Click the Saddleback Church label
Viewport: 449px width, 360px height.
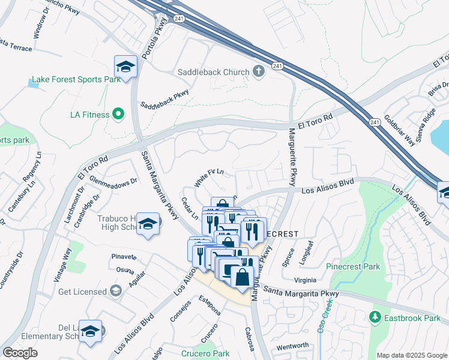coord(212,72)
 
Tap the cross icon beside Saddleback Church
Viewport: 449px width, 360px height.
coord(259,72)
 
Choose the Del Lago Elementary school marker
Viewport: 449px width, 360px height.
coord(90,331)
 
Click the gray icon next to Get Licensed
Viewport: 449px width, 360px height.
coord(115,292)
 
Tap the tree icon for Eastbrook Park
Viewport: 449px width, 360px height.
coord(375,316)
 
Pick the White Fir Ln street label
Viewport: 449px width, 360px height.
coord(209,176)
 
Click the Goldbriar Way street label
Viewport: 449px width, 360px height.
coord(399,130)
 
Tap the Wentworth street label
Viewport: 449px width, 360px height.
coord(292,346)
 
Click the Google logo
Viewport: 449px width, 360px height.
coord(20,353)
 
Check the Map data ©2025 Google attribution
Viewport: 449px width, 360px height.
coord(411,355)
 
